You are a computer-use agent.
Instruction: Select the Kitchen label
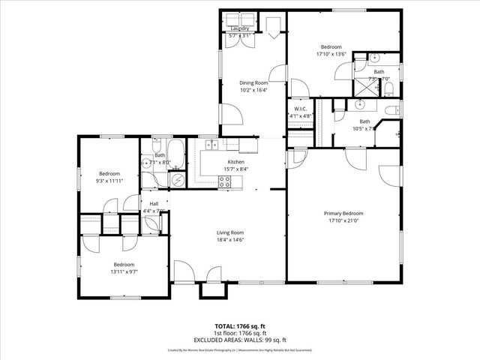[236, 162]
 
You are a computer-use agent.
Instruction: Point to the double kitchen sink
[212, 144]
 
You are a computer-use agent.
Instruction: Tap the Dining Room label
[253, 82]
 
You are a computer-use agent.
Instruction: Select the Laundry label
[240, 28]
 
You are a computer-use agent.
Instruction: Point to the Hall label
[154, 203]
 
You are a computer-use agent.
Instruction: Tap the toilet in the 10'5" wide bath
[390, 112]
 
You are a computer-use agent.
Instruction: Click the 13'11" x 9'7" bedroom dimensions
[124, 271]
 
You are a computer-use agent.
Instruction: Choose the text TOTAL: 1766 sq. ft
[240, 326]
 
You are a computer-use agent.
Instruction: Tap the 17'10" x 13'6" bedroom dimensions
[331, 53]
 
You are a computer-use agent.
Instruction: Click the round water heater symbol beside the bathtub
[178, 179]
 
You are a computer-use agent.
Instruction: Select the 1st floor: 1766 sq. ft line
[240, 332]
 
